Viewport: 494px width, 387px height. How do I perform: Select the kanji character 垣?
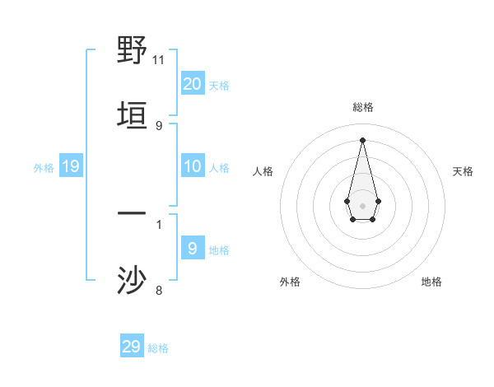[133, 115]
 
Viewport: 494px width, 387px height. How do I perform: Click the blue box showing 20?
[193, 83]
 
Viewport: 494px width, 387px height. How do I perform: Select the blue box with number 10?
[193, 166]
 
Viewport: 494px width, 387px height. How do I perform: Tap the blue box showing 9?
[193, 248]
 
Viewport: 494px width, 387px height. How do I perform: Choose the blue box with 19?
[71, 166]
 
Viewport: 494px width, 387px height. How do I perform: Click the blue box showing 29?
[132, 347]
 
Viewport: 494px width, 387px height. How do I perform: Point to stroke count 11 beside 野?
[159, 60]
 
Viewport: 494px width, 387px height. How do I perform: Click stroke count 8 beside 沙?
[159, 290]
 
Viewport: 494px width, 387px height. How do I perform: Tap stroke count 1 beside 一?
[159, 224]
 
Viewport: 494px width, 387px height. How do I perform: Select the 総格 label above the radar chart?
[363, 107]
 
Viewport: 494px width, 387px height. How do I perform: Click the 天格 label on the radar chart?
[463, 171]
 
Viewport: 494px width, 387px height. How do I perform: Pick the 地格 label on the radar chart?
[431, 282]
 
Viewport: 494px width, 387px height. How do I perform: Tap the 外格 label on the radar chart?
[290, 282]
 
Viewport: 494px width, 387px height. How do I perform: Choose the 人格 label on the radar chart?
[263, 171]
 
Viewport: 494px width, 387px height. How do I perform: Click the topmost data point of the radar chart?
[362, 139]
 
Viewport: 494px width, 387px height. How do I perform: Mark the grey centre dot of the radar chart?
[362, 204]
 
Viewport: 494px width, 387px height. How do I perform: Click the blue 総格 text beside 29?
[158, 348]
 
